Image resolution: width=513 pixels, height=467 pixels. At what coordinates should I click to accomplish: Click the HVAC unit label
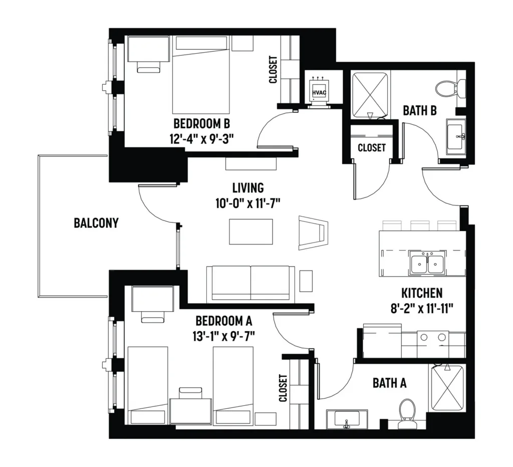coord(319,93)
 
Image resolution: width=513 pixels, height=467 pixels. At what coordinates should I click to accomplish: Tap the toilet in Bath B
coord(450,88)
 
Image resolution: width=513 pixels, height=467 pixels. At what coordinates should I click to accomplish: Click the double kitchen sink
coord(427,262)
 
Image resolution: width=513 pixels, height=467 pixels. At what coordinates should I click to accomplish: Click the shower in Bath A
coord(447,388)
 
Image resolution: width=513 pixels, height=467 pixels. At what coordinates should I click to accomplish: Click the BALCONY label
coord(96,223)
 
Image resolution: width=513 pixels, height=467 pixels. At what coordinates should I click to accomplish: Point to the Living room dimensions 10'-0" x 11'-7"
coord(248,203)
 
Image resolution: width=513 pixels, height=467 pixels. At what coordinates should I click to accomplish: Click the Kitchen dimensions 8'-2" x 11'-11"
coord(422,308)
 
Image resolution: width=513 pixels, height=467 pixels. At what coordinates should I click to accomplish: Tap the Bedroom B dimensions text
coord(201,139)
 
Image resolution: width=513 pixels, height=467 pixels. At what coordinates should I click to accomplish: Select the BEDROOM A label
coord(224,321)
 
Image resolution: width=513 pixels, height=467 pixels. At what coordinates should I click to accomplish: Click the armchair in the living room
coord(313,232)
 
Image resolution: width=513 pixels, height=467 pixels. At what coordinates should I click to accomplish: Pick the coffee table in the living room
coord(251,231)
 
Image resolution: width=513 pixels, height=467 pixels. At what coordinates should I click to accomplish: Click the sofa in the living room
coord(250,284)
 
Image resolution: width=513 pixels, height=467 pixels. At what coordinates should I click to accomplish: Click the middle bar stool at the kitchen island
coord(420,226)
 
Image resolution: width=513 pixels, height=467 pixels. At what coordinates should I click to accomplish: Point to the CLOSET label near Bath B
coord(372,148)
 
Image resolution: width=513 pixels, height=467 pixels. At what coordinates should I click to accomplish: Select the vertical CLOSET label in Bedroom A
coord(283,388)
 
